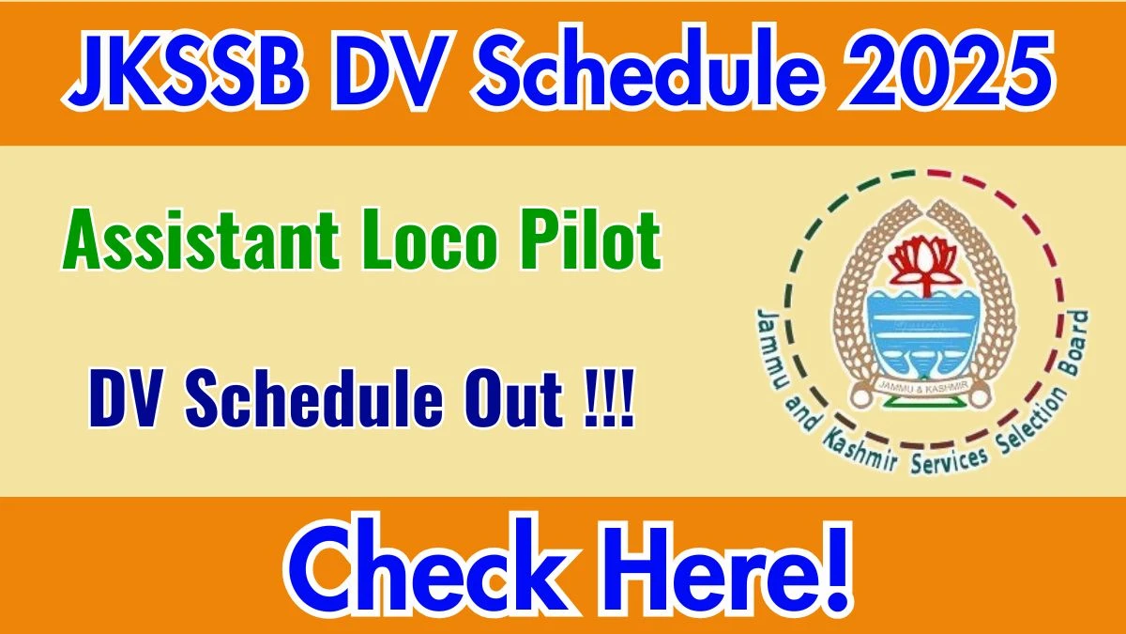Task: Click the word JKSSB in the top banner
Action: coord(185,70)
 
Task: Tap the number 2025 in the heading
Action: coord(948,70)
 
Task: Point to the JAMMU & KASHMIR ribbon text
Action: coord(923,386)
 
